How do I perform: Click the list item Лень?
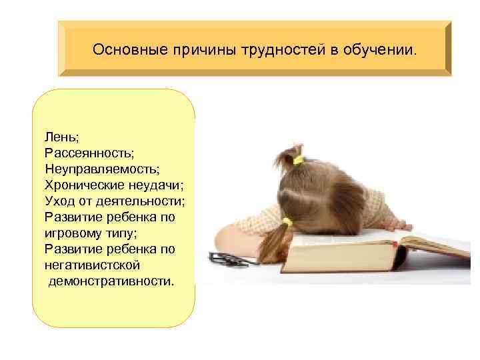click(61, 137)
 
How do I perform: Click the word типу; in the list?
click(127, 233)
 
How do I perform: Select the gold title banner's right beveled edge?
click(446, 49)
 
